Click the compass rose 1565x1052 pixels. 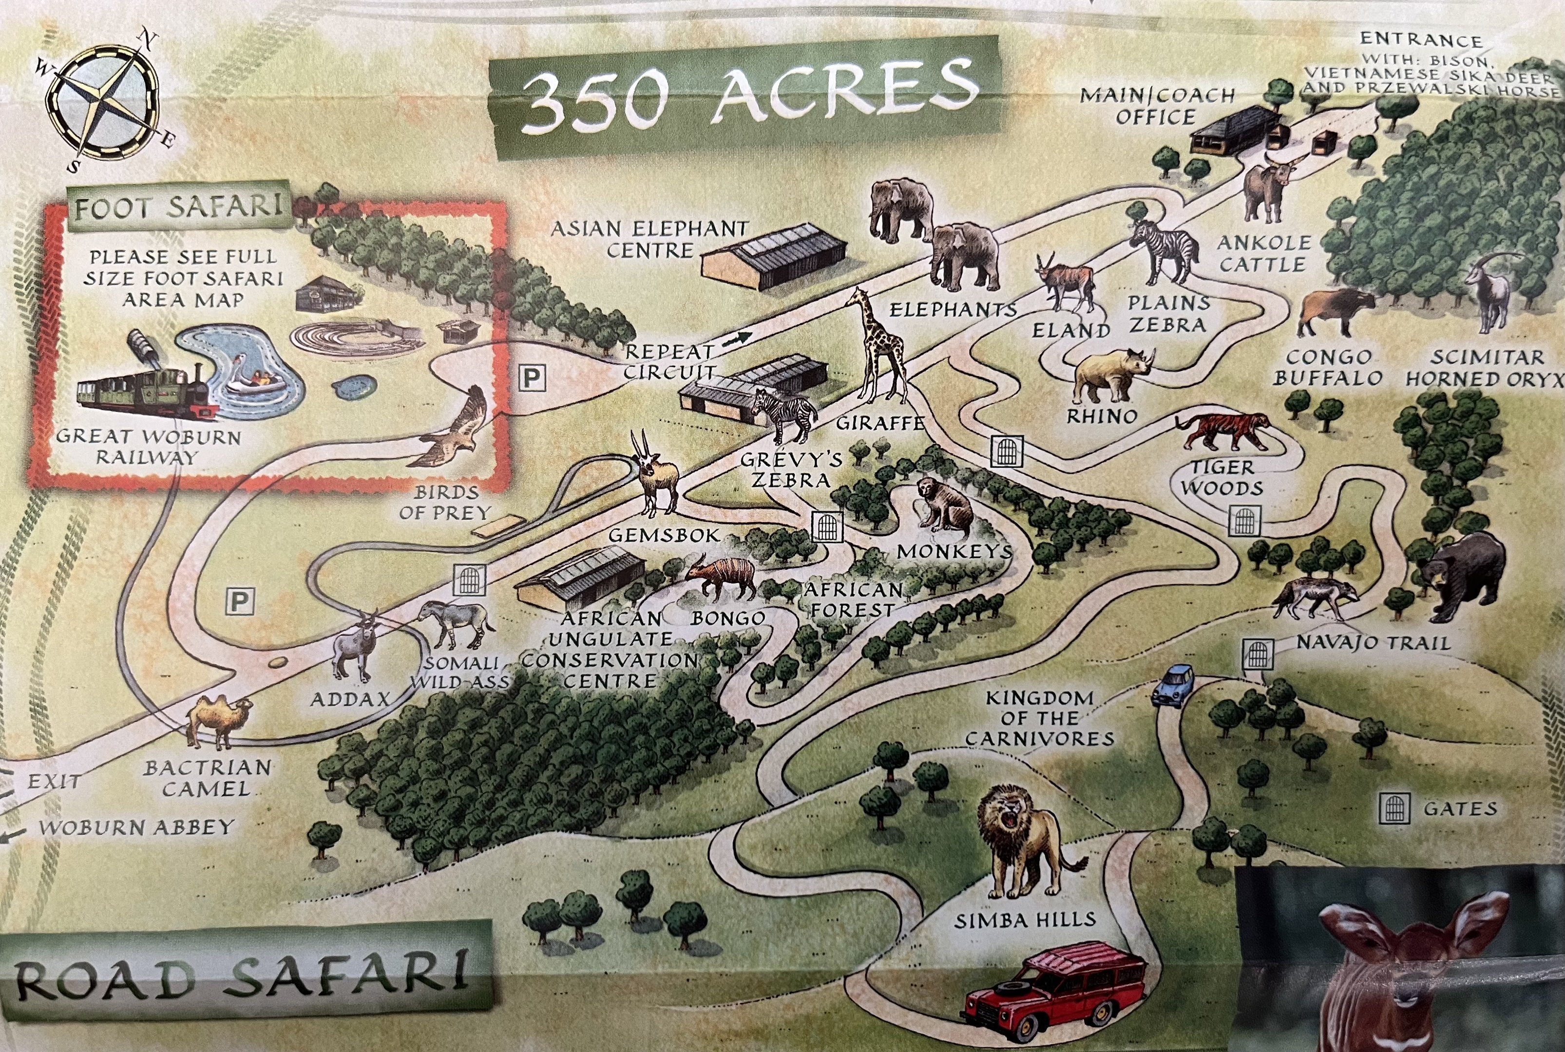click(x=104, y=101)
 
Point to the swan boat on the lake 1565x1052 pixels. click(x=252, y=379)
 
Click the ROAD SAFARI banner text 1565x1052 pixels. click(x=242, y=979)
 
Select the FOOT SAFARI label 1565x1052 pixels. click(x=178, y=207)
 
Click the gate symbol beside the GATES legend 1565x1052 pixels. click(x=1394, y=808)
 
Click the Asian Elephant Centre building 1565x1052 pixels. click(x=772, y=258)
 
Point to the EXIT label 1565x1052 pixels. click(x=54, y=782)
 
